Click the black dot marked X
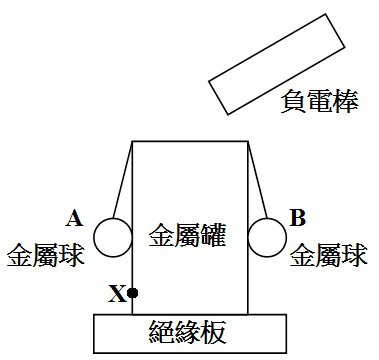132,293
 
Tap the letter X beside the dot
117,294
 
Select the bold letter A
74,219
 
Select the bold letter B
298,218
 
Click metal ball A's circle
94,238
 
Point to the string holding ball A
123,180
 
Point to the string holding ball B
257,180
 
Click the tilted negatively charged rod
277,64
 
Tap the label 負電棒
320,101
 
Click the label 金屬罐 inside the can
187,235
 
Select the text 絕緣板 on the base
188,332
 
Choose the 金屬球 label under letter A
46,255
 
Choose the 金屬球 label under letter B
329,255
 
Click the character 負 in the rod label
293,101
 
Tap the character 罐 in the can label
214,235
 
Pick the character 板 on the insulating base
214,332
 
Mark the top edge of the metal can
190,141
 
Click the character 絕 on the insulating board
161,332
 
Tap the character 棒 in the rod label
346,101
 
